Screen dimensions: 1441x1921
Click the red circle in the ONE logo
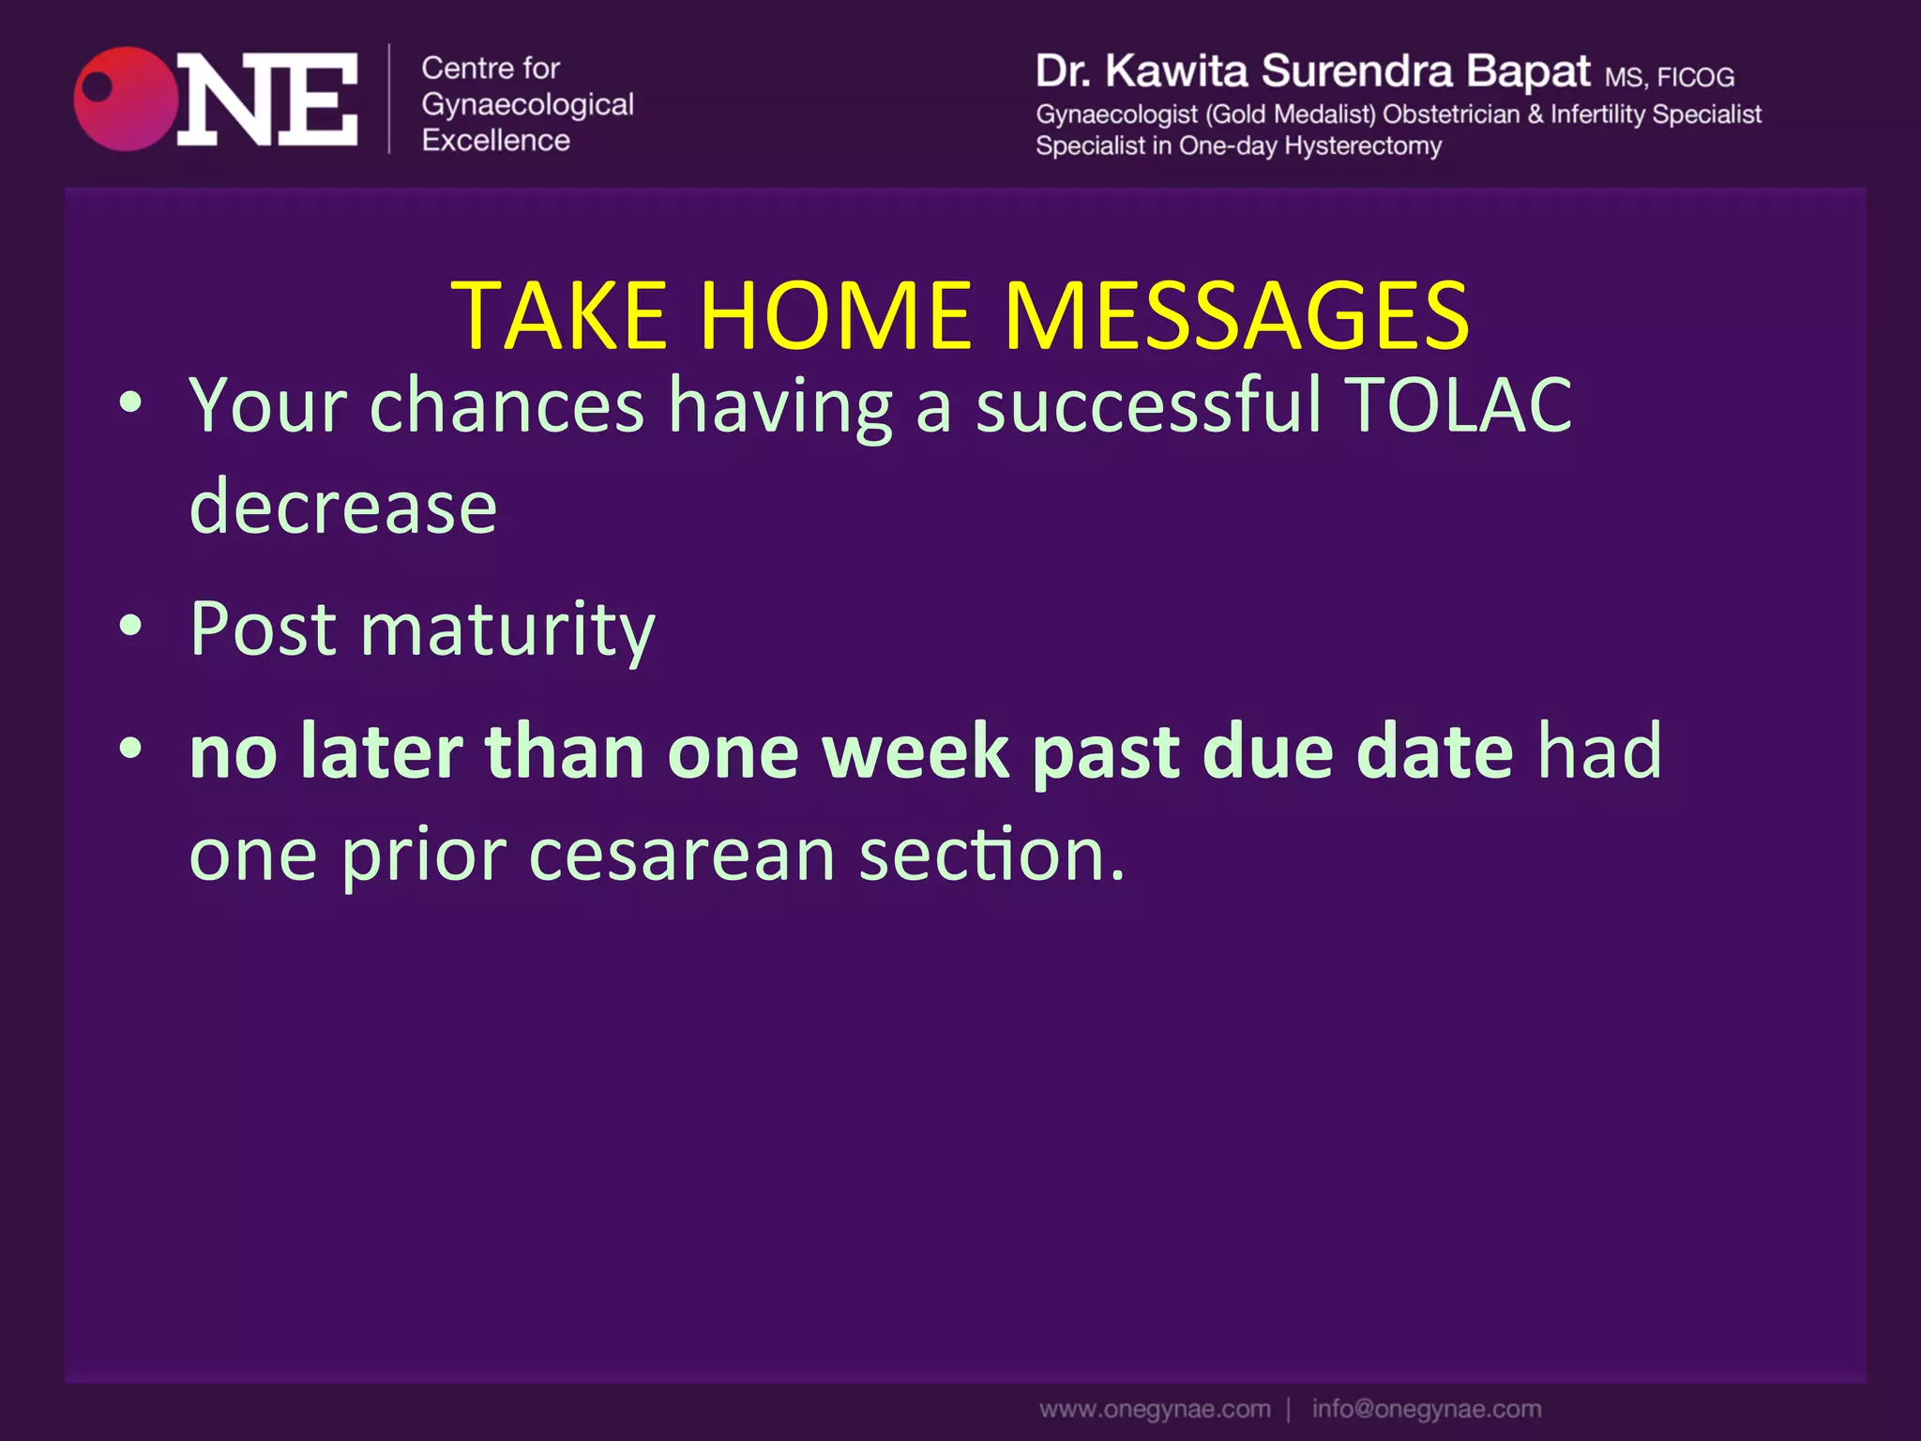[x=126, y=99]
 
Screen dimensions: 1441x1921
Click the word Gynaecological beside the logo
[x=527, y=104]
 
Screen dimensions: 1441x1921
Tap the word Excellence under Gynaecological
[x=495, y=141]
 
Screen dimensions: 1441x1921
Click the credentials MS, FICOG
[x=1669, y=77]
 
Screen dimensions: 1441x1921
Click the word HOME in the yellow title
[x=834, y=316]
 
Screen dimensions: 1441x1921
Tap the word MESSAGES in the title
[x=1235, y=316]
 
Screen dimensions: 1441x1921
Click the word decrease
[x=342, y=508]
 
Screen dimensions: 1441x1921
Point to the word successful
[x=1148, y=405]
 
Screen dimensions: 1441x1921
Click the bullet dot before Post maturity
[x=130, y=626]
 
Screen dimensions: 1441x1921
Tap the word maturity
[x=507, y=629]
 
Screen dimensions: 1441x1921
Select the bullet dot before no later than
[x=130, y=749]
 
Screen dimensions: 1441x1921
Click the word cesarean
[x=682, y=855]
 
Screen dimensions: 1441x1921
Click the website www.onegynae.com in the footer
[x=1155, y=1409]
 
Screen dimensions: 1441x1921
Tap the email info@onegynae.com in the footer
[x=1426, y=1409]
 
